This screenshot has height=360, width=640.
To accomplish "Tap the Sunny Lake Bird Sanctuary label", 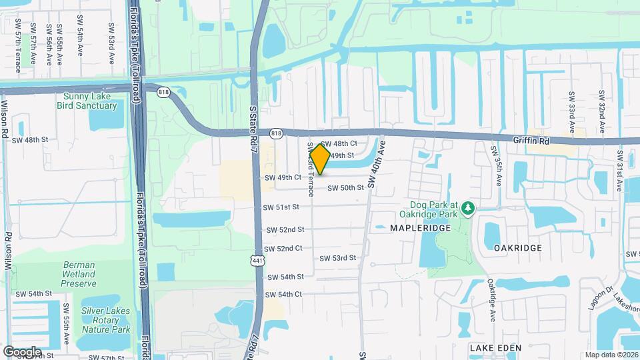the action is pyautogui.click(x=90, y=101).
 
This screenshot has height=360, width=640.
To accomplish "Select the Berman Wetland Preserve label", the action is pyautogui.click(x=79, y=274).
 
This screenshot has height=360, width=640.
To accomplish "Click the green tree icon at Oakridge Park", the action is pyautogui.click(x=468, y=209).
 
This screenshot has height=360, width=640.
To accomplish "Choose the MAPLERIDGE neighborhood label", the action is pyautogui.click(x=421, y=228).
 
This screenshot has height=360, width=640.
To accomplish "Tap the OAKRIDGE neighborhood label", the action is pyautogui.click(x=518, y=247).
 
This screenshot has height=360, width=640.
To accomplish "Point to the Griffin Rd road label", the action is pyautogui.click(x=531, y=141).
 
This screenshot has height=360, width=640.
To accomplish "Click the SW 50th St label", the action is pyautogui.click(x=345, y=188).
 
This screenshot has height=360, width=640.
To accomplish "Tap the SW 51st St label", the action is pyautogui.click(x=281, y=207).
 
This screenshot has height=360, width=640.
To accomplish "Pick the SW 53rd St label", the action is pyautogui.click(x=337, y=258).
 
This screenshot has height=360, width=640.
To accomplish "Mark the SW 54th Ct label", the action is pyautogui.click(x=284, y=294).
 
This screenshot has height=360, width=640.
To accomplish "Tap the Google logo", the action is pyautogui.click(x=22, y=351).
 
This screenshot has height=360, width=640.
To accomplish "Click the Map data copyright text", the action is pyautogui.click(x=611, y=355).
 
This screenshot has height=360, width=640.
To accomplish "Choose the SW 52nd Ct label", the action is pyautogui.click(x=284, y=248).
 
